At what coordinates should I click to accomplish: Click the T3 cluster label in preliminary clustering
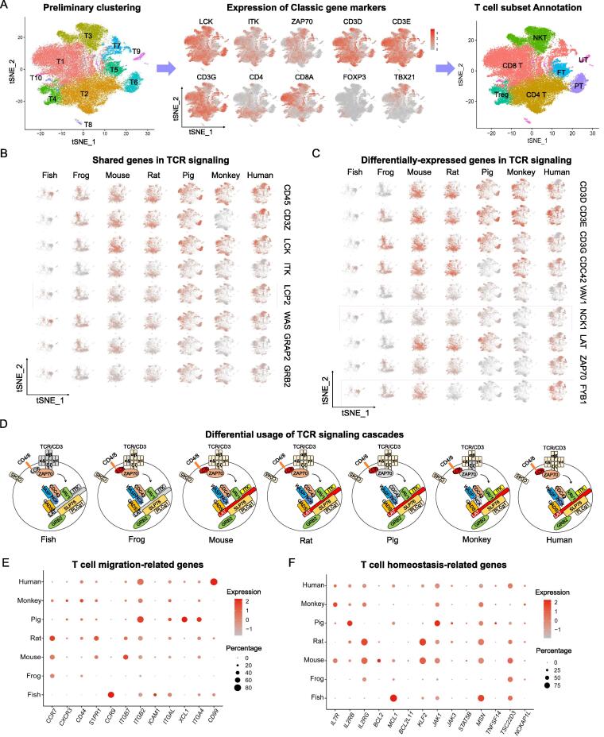pyautogui.click(x=90, y=37)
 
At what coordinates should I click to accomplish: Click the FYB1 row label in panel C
pyautogui.click(x=584, y=392)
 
